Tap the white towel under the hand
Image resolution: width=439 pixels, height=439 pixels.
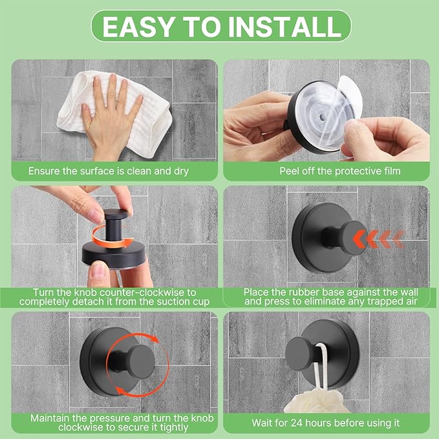(x=78, y=120)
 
